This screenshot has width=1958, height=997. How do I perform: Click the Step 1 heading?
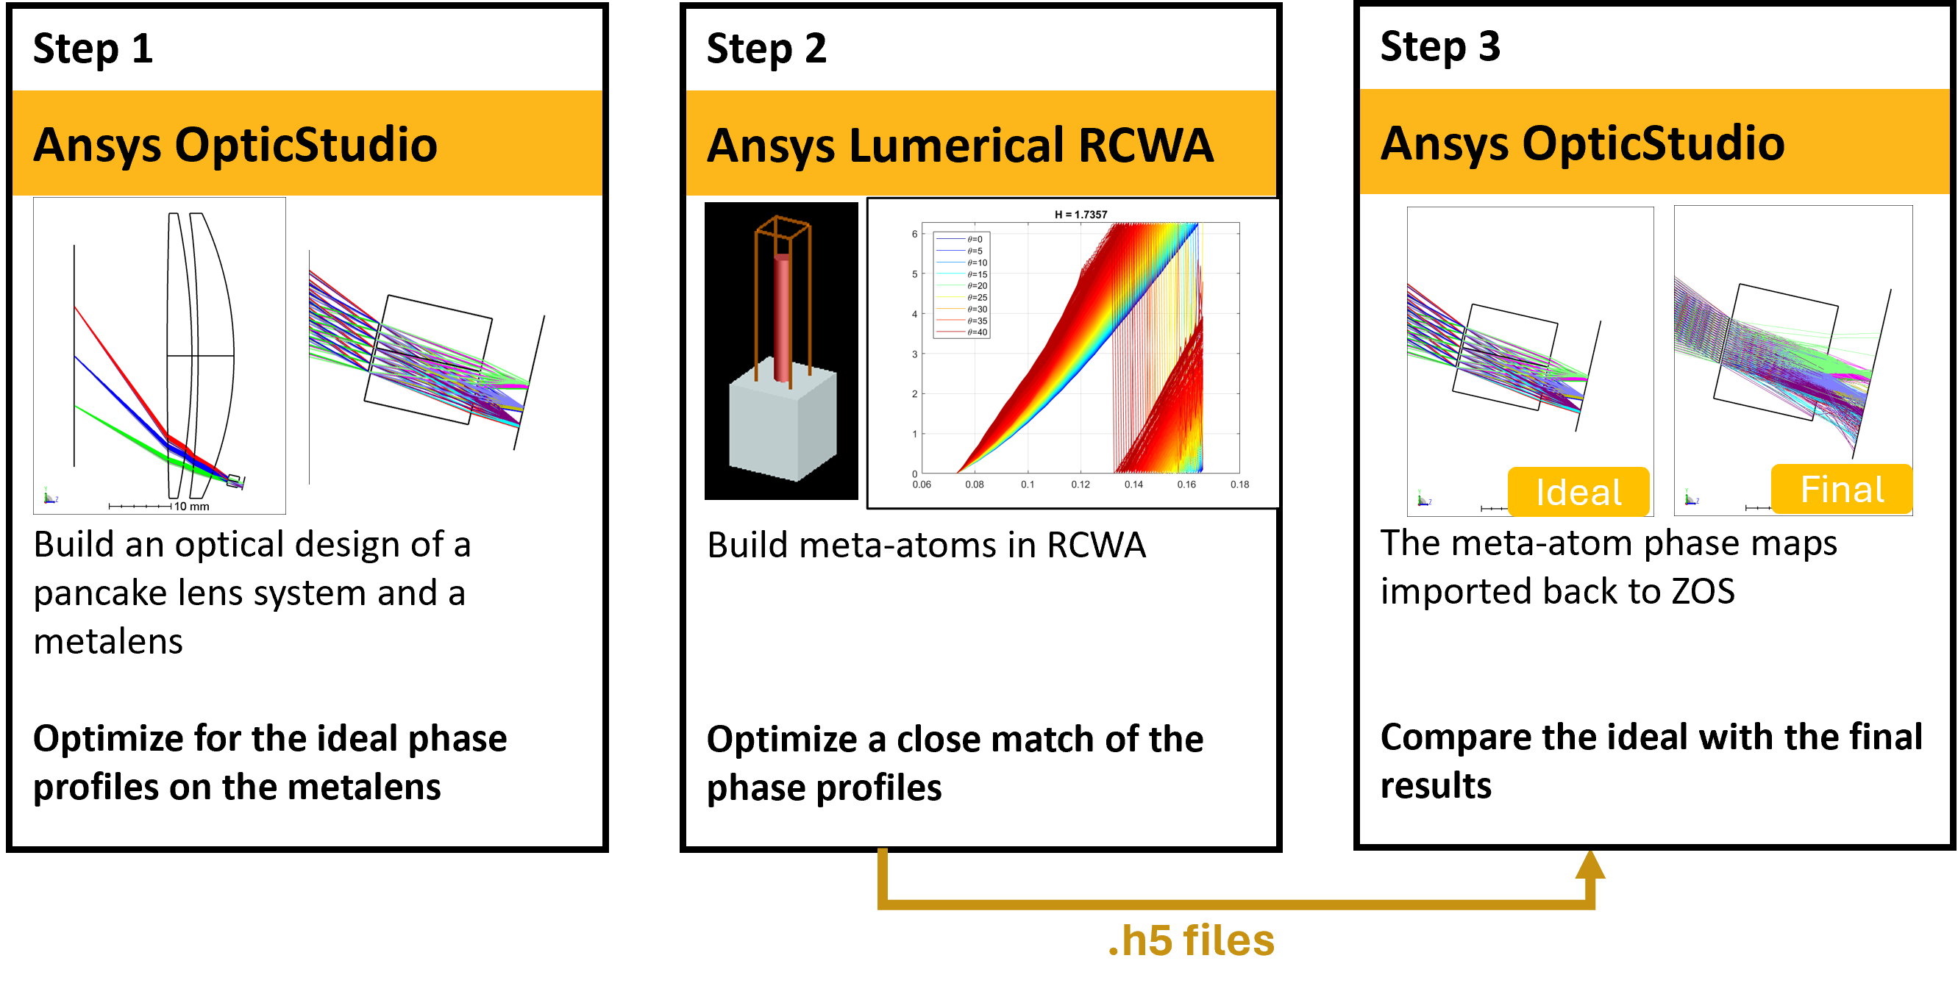[93, 49]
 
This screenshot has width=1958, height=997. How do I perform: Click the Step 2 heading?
[766, 49]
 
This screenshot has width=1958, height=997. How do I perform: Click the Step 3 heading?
[1439, 47]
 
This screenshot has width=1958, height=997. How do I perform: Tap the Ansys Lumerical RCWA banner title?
[960, 145]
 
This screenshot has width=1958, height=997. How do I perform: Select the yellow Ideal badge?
[1578, 492]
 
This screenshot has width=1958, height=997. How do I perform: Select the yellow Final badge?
[1841, 490]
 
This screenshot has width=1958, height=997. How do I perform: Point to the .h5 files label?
[1191, 941]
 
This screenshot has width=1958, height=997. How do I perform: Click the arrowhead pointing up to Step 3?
[1590, 865]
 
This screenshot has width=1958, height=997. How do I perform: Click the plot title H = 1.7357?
[1080, 214]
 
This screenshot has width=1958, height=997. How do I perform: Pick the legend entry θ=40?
[977, 332]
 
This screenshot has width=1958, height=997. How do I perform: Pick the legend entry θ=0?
[975, 240]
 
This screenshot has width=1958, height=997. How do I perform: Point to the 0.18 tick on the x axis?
[1239, 484]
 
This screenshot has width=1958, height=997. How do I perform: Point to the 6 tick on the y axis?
[914, 234]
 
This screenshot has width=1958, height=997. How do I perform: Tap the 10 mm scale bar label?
[191, 506]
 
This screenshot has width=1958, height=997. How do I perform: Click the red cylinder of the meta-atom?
[782, 319]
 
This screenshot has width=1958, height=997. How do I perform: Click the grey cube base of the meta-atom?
[782, 426]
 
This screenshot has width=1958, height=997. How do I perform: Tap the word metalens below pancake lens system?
[108, 641]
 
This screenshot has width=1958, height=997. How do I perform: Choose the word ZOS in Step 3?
[1702, 591]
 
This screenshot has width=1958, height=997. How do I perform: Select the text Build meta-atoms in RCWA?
[926, 545]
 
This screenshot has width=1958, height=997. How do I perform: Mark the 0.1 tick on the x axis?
[1027, 484]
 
